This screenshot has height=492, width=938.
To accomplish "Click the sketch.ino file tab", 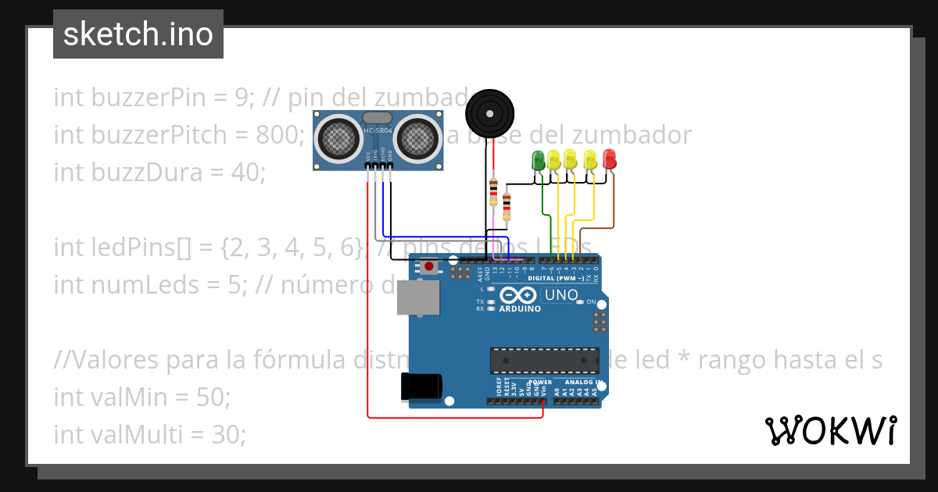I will [138, 34].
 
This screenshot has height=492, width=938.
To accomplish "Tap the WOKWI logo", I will [830, 430].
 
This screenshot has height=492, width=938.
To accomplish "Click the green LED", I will [538, 160].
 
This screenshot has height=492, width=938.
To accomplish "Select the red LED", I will [609, 159].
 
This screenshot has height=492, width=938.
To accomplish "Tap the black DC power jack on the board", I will [422, 387].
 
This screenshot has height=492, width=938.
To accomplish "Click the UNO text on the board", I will [561, 295].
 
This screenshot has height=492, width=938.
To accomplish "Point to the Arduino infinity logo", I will [517, 296].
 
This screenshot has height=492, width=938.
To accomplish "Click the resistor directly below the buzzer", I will [493, 190].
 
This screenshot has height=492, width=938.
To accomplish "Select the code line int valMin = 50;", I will [142, 398].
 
